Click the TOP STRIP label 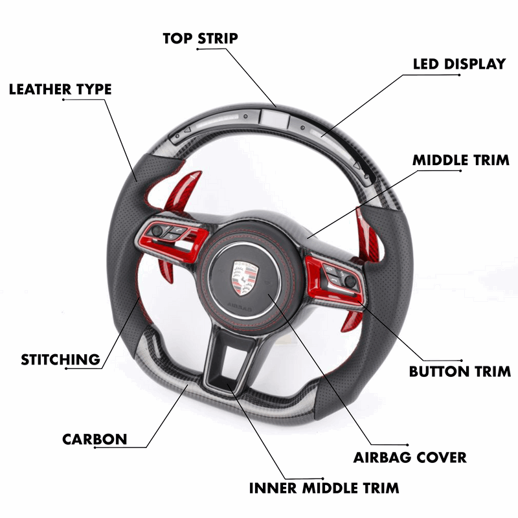(200, 38)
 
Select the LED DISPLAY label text (459, 64)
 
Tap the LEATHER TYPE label (60, 89)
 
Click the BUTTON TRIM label (460, 372)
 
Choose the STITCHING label (60, 359)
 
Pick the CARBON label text (95, 440)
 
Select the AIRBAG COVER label (410, 457)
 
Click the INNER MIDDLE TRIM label (324, 488)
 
